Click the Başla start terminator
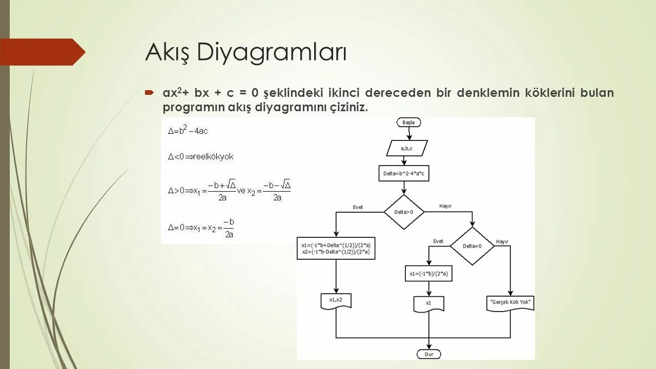point(408,122)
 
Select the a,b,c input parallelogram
point(406,148)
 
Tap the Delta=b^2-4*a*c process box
point(404,173)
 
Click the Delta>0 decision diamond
point(404,212)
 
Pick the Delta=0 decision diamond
point(472,246)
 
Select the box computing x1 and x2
point(336,248)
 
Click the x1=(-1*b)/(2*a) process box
point(428,274)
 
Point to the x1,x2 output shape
point(336,300)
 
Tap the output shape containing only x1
point(428,303)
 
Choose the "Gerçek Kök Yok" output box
point(510,302)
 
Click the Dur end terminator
point(429,354)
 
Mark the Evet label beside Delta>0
point(358,207)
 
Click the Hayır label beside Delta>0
point(445,206)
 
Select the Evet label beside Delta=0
point(438,241)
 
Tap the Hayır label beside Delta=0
point(502,241)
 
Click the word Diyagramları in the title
point(272,52)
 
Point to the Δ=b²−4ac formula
point(188,130)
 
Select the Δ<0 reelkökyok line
point(200,157)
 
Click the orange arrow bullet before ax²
point(149,93)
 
